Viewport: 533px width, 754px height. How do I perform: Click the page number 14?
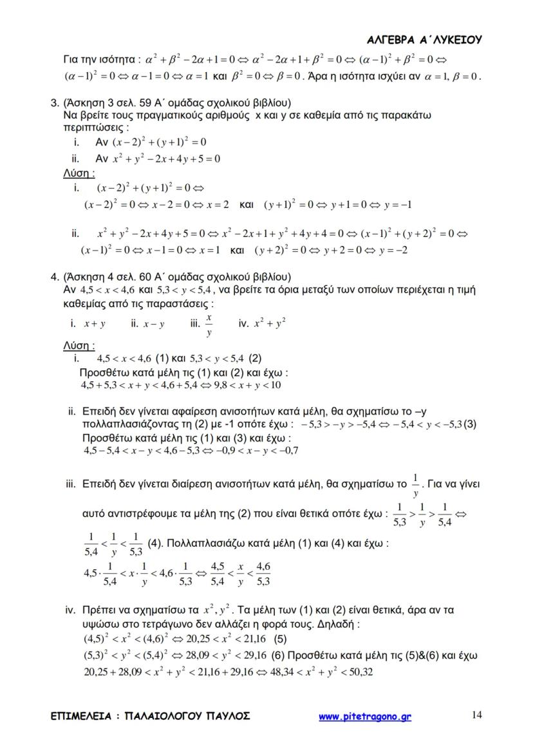pyautogui.click(x=477, y=714)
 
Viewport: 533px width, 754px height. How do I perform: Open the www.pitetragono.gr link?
pyautogui.click(x=365, y=716)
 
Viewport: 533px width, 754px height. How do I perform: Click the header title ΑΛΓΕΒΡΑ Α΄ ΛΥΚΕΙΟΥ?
pyautogui.click(x=424, y=40)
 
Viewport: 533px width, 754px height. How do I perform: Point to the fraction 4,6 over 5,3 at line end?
pyautogui.click(x=263, y=574)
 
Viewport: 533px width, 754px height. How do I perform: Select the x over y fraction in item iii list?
pyautogui.click(x=209, y=326)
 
